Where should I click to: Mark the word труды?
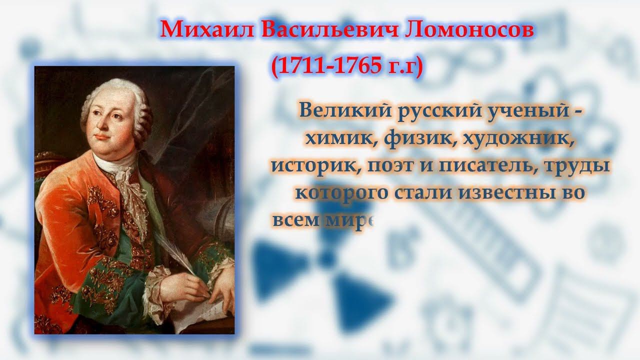tap(582, 166)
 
